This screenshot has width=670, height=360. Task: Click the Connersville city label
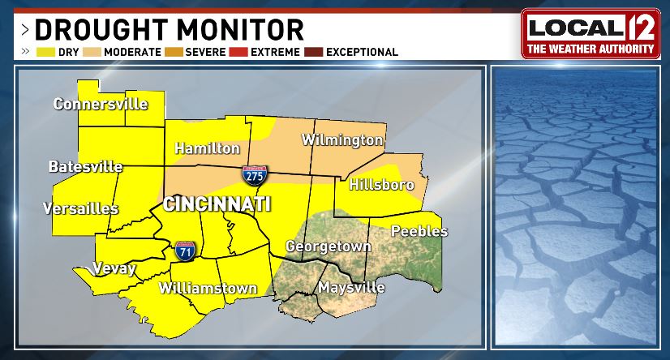coord(101,104)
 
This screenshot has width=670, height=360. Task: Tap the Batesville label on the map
coord(85,167)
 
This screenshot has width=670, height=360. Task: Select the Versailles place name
coord(81,208)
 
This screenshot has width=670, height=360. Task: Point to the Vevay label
coord(114,268)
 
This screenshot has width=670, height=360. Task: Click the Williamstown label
coord(208,288)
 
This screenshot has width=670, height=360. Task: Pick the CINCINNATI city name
coord(217,204)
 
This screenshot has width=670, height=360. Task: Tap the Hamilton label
coord(208,148)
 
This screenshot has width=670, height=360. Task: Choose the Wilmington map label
coord(342,140)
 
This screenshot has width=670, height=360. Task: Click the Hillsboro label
coord(381,185)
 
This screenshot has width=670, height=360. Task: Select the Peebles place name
coord(419,231)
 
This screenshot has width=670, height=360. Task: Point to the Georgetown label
coord(328,246)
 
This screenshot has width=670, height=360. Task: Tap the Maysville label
coord(351,287)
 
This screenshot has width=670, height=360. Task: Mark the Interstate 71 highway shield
coord(184,250)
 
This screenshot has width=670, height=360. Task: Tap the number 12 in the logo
coord(635,28)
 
